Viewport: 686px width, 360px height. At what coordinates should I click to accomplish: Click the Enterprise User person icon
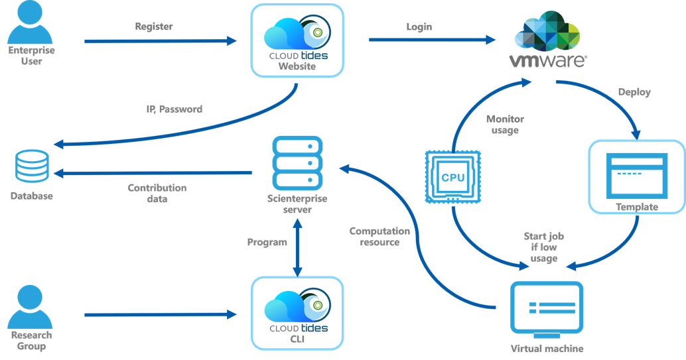[x=31, y=23]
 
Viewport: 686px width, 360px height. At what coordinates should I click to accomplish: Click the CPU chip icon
[x=452, y=177]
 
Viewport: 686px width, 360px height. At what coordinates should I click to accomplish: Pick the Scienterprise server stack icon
[x=297, y=162]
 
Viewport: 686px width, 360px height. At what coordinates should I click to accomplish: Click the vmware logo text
[x=547, y=61]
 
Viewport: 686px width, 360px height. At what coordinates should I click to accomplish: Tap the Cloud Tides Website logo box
[x=296, y=38]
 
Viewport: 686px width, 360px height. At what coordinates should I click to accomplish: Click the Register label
[x=154, y=27]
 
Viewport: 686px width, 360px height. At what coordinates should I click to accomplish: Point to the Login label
[x=419, y=27]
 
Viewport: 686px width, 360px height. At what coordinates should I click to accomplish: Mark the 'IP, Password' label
[x=174, y=109]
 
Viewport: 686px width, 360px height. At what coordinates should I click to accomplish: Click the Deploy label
[x=634, y=92]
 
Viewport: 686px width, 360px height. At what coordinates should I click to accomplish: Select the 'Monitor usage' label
[x=505, y=125]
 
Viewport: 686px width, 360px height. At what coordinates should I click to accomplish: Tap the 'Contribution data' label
[x=157, y=193]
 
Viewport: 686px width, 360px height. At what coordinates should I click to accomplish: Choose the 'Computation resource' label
[x=379, y=237]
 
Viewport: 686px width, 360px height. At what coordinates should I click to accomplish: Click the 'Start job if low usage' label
[x=544, y=247]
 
